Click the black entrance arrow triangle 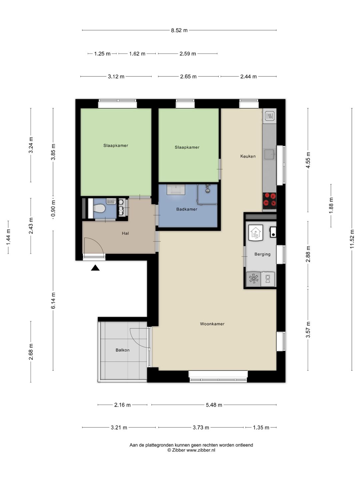tap(95, 268)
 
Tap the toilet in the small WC tap(99, 208)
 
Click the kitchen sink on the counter tap(270, 154)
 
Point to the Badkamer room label tap(187, 209)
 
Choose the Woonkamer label tap(212, 324)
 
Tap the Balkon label tap(122, 350)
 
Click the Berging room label tap(262, 254)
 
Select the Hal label tap(125, 233)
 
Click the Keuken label tap(248, 156)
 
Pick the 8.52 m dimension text tap(179, 30)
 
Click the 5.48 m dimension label tap(214, 405)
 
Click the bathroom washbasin tap(176, 189)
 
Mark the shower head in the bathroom tap(207, 189)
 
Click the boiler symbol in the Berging tap(256, 233)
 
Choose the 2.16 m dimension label tap(122, 405)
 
